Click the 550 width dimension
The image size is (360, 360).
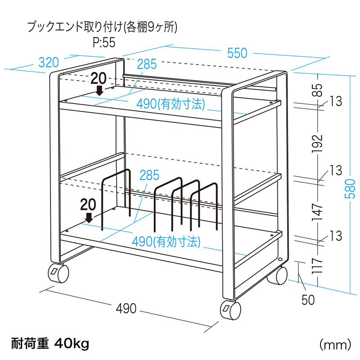(x=237, y=53)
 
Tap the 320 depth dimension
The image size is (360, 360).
(x=48, y=62)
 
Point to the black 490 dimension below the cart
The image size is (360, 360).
(x=126, y=308)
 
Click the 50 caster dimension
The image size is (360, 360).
(x=308, y=299)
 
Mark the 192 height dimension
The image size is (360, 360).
(x=318, y=143)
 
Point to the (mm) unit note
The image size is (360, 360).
(x=334, y=345)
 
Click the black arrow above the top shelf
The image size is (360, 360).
(x=99, y=90)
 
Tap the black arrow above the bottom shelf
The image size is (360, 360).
(x=89, y=218)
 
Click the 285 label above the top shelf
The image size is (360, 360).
(x=147, y=64)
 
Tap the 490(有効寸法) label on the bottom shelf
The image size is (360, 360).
(x=166, y=242)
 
